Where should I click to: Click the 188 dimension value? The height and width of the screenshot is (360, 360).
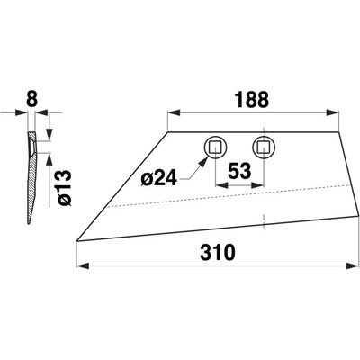point(251,100)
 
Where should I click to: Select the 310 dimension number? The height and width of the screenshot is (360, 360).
point(218,252)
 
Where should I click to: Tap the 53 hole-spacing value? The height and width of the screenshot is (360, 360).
point(239,171)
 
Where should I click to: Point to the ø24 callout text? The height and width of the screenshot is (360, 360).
point(159,179)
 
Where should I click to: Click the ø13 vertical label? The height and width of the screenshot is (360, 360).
point(64,188)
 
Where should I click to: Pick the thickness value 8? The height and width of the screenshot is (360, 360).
point(32,100)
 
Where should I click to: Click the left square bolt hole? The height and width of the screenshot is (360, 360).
point(215,148)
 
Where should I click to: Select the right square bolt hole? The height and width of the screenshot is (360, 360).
point(264,148)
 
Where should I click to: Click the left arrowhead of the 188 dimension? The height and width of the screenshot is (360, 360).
point(174,112)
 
